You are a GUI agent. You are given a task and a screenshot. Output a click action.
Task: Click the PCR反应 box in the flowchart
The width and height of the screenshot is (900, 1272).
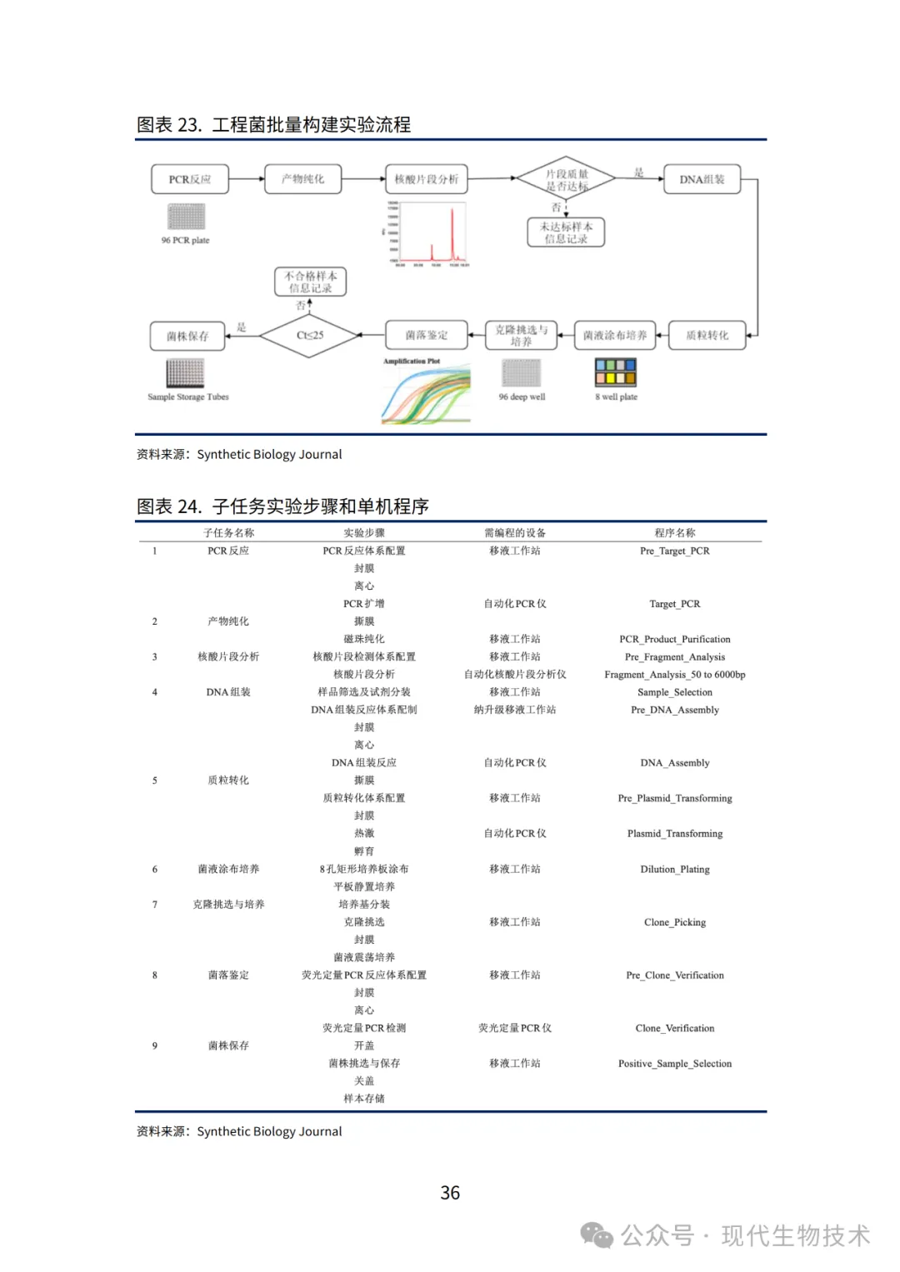point(190,179)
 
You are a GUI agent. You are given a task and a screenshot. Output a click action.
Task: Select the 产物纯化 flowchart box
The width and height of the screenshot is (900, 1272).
point(303,179)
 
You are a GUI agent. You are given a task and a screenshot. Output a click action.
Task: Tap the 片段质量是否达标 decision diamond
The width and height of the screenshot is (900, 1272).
point(566,179)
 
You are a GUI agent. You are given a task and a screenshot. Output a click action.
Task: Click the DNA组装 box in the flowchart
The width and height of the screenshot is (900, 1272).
point(702,179)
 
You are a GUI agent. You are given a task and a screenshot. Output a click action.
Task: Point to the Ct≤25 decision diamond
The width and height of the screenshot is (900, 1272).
point(309,336)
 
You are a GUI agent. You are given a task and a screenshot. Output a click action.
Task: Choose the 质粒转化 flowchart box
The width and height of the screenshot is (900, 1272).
point(707,336)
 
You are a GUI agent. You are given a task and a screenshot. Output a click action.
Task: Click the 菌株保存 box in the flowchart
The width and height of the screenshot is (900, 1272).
point(187,337)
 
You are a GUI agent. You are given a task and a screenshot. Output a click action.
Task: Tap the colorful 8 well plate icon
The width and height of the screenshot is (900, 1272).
point(615,372)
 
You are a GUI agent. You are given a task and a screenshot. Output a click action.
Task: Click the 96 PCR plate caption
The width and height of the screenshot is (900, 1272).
point(185,241)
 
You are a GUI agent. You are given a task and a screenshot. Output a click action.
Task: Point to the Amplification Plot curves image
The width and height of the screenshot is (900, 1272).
point(426,393)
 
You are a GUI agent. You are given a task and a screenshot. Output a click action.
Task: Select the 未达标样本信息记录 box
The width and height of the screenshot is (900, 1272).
point(566,232)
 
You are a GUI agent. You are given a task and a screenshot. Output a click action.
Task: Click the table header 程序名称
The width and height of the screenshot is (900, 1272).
point(674,533)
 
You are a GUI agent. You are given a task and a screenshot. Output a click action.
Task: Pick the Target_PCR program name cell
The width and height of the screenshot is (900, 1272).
point(674,604)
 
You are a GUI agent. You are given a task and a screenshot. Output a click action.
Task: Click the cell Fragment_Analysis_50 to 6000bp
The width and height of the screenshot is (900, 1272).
point(674,675)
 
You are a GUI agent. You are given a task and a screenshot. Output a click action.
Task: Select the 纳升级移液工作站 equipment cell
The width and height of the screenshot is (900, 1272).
point(514,710)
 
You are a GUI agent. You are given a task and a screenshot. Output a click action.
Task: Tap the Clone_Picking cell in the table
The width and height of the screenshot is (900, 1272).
point(674,922)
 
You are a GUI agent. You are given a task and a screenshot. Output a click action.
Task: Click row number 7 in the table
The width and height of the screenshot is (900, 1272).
point(155,905)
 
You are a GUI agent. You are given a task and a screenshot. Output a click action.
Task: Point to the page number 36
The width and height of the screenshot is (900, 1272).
point(450,1193)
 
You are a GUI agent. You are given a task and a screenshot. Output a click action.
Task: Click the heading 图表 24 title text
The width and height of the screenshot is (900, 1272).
point(282,506)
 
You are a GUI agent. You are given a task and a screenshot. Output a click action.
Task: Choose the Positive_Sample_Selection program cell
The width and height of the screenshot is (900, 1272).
point(674,1064)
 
